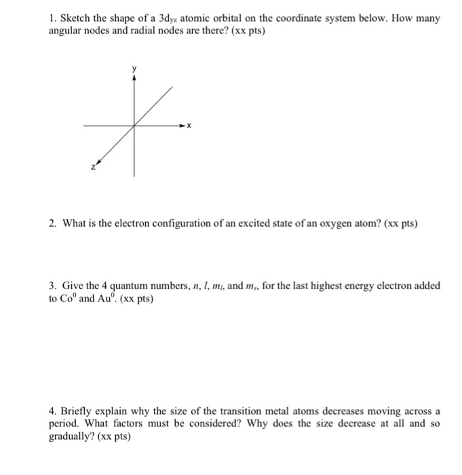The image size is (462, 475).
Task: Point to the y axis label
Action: coord(134,69)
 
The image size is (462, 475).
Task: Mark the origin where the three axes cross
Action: coord(134,126)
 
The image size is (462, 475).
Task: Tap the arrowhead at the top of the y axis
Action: coord(134,77)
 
